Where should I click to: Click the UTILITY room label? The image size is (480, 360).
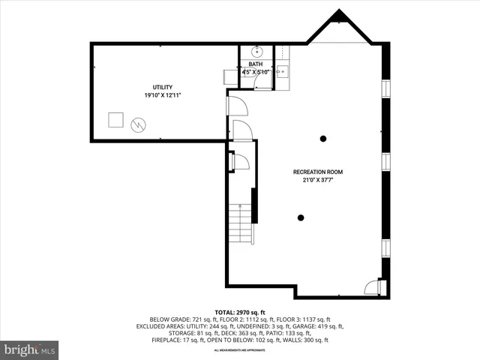click(x=163, y=88)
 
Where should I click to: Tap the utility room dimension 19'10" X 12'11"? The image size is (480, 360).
click(x=163, y=95)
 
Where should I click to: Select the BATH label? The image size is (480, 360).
click(x=256, y=64)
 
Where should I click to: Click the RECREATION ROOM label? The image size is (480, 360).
click(x=318, y=172)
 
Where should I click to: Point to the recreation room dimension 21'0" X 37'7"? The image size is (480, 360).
click(x=318, y=180)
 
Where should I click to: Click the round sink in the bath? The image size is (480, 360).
click(x=256, y=52)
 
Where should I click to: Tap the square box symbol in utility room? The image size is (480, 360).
click(x=115, y=120)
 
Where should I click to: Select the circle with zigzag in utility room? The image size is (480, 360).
click(x=138, y=124)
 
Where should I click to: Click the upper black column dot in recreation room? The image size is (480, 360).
click(x=323, y=138)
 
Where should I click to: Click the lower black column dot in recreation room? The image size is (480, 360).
click(x=301, y=217)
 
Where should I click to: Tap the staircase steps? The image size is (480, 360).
click(x=239, y=223)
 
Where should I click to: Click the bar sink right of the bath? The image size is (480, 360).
click(x=282, y=71)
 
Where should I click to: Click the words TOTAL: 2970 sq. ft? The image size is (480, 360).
click(x=240, y=312)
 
